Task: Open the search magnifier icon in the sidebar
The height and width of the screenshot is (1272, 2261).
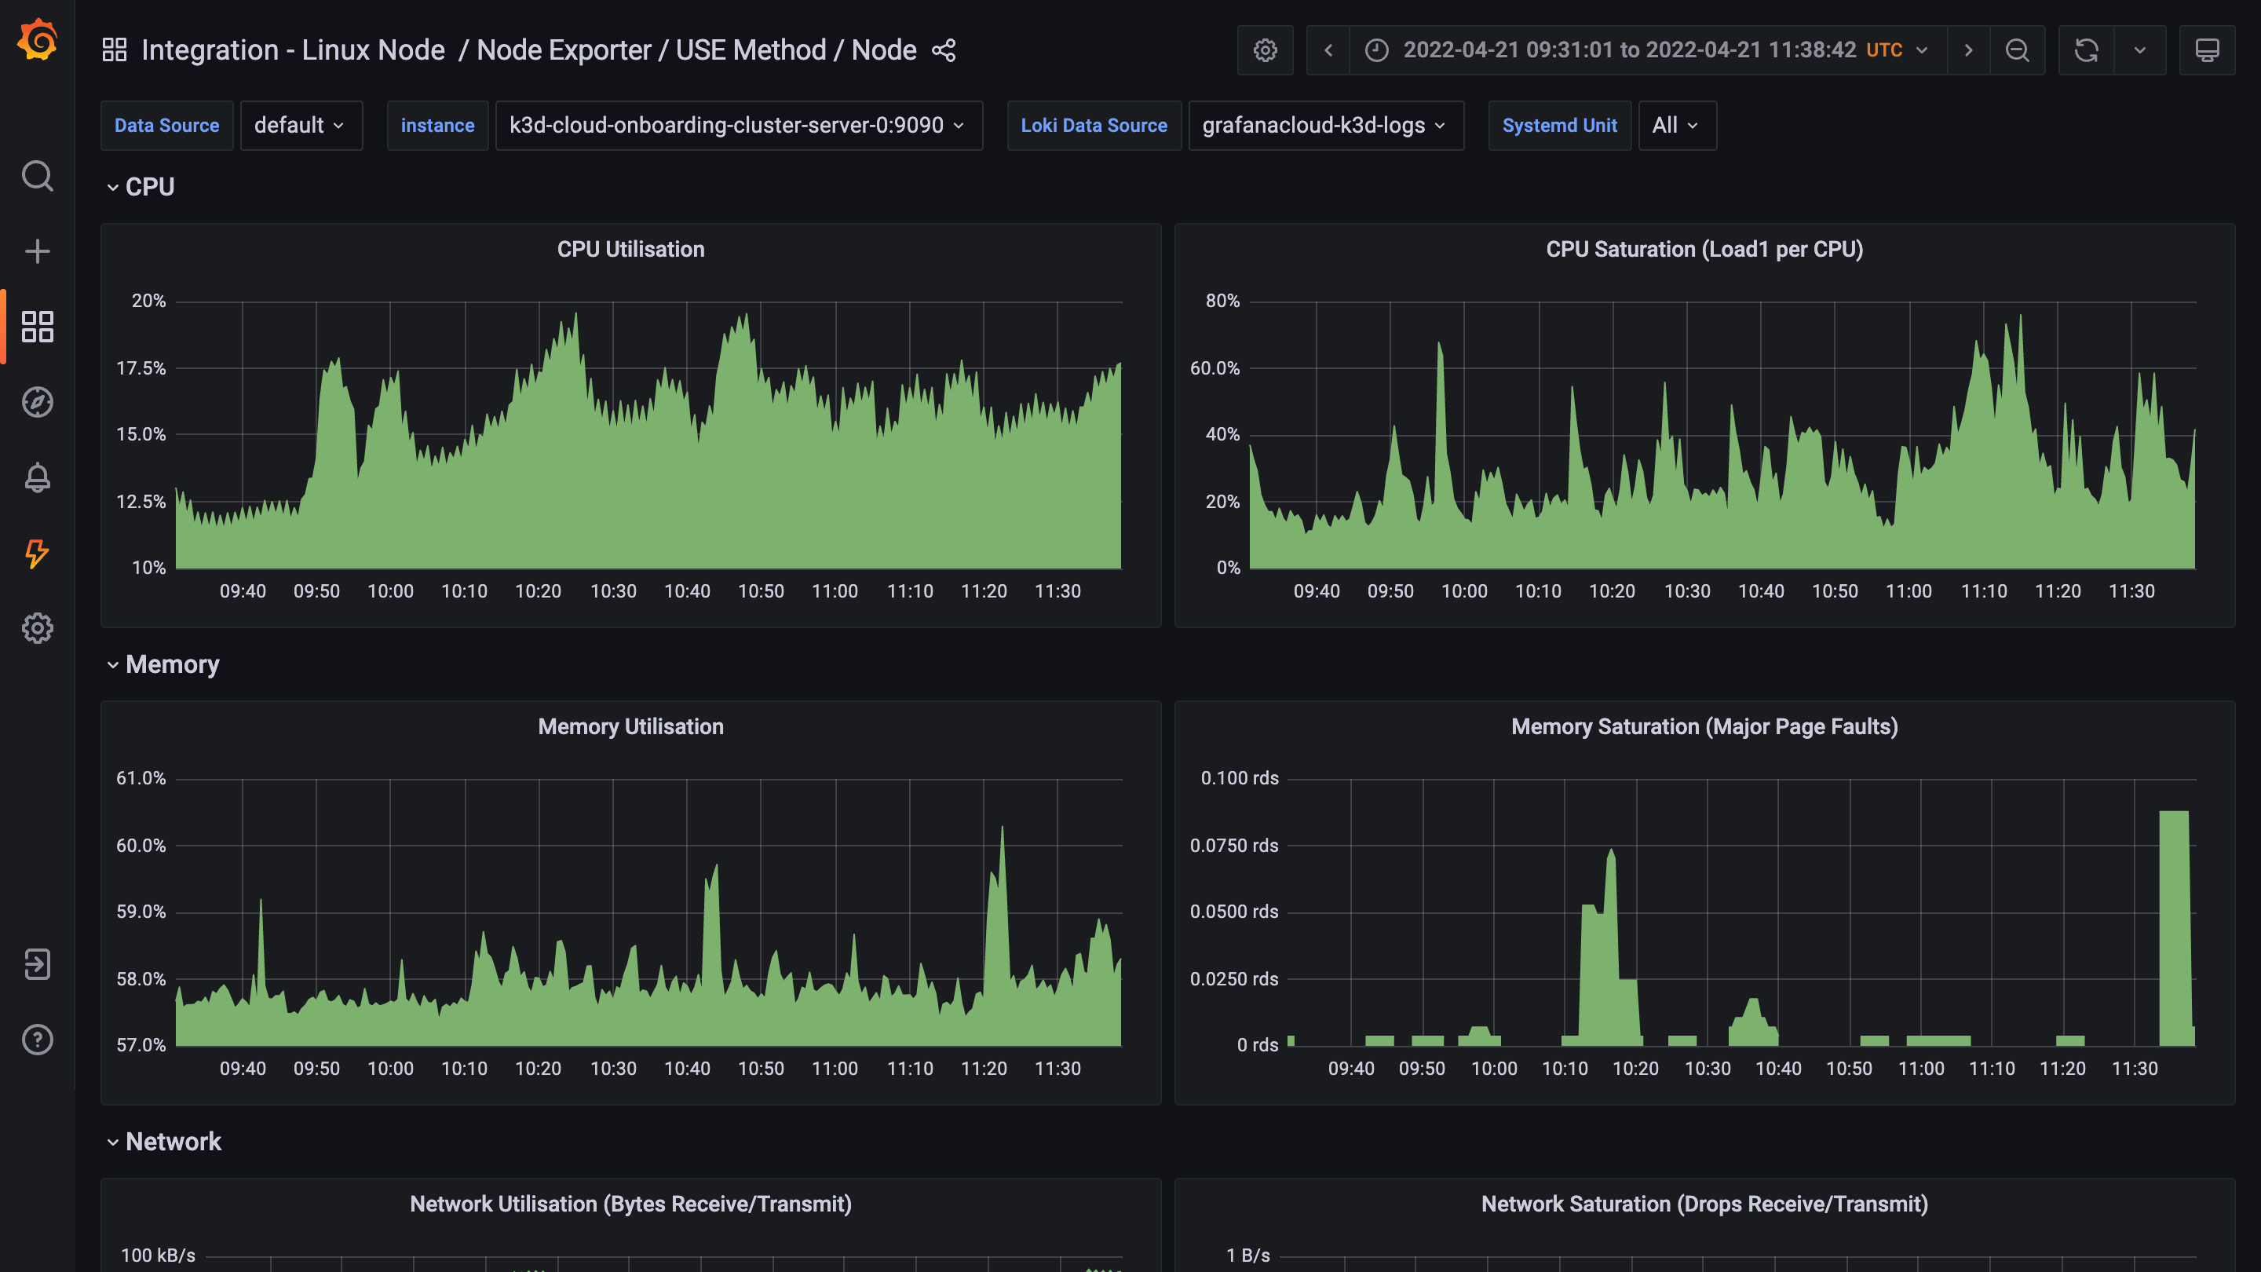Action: tap(38, 177)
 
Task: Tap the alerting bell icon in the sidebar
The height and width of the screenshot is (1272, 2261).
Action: tap(38, 477)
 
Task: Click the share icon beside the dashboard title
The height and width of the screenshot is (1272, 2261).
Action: tap(944, 51)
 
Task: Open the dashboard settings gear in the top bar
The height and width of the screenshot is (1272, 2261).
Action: tap(1265, 51)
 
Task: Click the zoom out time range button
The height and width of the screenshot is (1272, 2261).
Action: tap(2017, 51)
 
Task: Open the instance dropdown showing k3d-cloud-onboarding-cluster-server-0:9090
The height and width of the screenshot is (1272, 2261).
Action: tap(737, 126)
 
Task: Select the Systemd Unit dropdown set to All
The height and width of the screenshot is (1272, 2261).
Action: tap(1675, 126)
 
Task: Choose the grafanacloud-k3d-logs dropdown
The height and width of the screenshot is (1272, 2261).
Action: tap(1324, 126)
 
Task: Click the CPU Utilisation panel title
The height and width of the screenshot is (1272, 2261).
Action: tap(630, 250)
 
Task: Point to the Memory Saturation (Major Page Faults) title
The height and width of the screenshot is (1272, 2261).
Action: tap(1704, 727)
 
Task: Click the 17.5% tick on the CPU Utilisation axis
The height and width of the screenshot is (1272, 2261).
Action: tap(141, 367)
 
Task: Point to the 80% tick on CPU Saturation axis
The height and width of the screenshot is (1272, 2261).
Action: tap(1222, 301)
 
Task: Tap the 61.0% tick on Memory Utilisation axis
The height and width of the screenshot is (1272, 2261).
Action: tap(141, 779)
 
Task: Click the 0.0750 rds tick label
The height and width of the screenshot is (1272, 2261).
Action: tap(1233, 846)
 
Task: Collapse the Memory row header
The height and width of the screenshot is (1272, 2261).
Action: tap(172, 664)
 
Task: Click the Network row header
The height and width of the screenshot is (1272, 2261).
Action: tap(173, 1141)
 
